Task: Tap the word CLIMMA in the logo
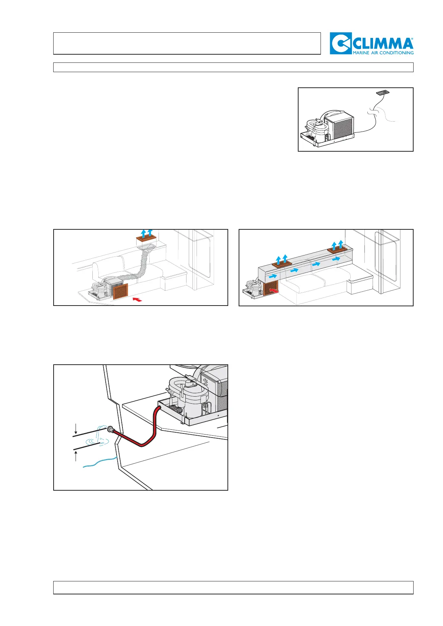click(x=382, y=44)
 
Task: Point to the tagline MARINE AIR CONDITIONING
click(x=383, y=53)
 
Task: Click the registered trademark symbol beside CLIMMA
click(x=411, y=39)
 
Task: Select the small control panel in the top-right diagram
click(x=383, y=91)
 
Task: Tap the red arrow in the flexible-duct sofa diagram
click(x=137, y=298)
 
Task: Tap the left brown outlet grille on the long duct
click(x=281, y=264)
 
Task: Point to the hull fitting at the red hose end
click(x=110, y=429)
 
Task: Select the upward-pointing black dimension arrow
click(x=76, y=455)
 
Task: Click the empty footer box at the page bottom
click(x=233, y=588)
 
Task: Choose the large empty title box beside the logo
click(x=187, y=43)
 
